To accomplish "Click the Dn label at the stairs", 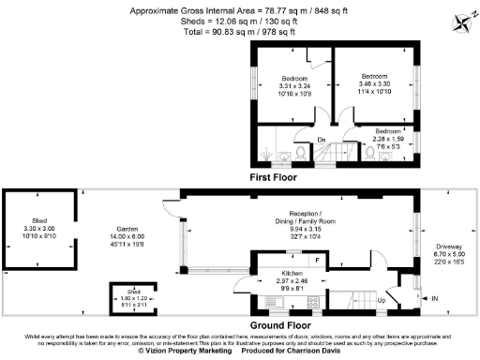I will click(x=322, y=141).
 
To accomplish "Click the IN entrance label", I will click(x=434, y=298).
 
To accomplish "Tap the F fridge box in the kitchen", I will click(x=318, y=259).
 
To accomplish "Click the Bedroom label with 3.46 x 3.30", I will click(x=375, y=76).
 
